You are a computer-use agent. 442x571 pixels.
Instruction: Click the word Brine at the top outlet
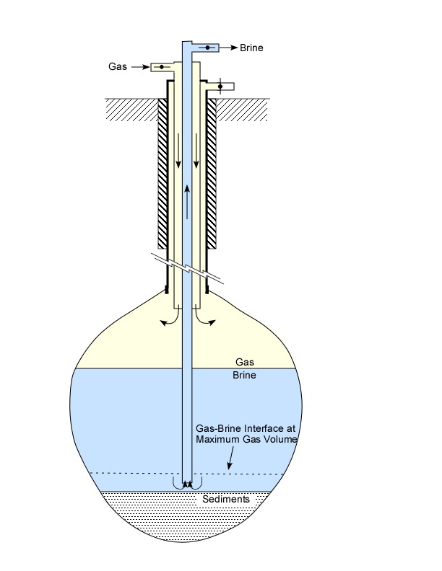(251, 48)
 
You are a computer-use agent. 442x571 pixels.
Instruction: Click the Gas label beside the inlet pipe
(118, 66)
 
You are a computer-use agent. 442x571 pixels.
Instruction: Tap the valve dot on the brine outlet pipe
(207, 48)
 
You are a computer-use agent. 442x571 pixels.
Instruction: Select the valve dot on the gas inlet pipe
(162, 67)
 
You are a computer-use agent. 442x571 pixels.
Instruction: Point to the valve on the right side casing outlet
(220, 87)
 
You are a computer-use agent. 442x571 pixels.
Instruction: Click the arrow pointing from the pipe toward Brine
(229, 48)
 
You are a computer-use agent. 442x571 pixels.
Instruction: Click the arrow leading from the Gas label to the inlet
(140, 67)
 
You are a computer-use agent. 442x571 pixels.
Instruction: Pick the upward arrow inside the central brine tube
(187, 202)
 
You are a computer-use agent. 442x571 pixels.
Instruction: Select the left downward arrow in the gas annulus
(178, 151)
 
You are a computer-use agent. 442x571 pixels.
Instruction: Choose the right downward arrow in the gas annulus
(196, 151)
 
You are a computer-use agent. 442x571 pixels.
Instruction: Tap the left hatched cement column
(162, 174)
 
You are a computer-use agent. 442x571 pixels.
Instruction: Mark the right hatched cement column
(212, 174)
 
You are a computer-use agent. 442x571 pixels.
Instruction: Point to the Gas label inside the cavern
(245, 362)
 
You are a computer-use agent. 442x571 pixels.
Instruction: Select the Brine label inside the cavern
(244, 375)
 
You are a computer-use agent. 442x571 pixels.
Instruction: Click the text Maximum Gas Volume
(247, 439)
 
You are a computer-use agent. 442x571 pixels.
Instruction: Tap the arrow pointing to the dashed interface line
(230, 458)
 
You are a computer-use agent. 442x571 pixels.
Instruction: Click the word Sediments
(226, 499)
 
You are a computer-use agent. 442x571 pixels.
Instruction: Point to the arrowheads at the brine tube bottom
(187, 484)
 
